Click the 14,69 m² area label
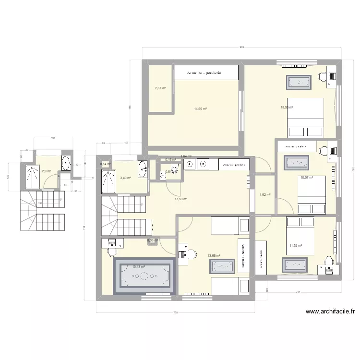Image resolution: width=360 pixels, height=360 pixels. tap(200, 109)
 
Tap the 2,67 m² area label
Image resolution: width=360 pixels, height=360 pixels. tap(160, 88)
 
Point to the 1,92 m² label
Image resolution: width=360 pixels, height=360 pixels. tap(265, 194)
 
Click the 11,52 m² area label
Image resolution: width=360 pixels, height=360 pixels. tap(295, 246)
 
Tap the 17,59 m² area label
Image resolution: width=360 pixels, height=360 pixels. tap(180, 199)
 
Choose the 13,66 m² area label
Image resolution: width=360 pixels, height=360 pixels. tap(214, 256)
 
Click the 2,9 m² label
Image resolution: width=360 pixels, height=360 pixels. tap(46, 171)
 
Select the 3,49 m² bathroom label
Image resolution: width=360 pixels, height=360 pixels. tap(126, 178)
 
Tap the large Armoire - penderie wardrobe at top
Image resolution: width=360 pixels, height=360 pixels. tap(206, 73)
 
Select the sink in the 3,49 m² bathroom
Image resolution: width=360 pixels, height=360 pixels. tap(143, 168)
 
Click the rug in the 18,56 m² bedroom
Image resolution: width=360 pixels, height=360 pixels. tap(300, 82)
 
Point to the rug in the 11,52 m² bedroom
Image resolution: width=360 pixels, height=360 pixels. tap(294, 264)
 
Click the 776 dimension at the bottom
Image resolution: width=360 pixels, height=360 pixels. tap(175, 313)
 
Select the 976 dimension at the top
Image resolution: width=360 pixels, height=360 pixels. tap(241, 47)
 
